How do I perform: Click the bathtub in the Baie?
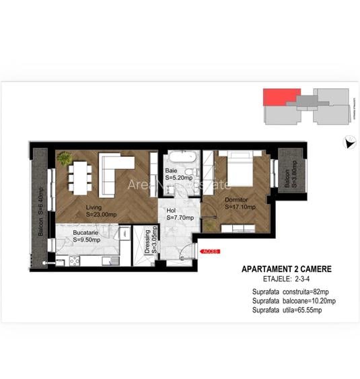pos(182,158)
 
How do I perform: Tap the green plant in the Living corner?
pos(65,159)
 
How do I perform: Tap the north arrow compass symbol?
pos(349,142)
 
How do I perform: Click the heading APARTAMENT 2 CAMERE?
pos(287,269)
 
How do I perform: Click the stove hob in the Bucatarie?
pos(74,261)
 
